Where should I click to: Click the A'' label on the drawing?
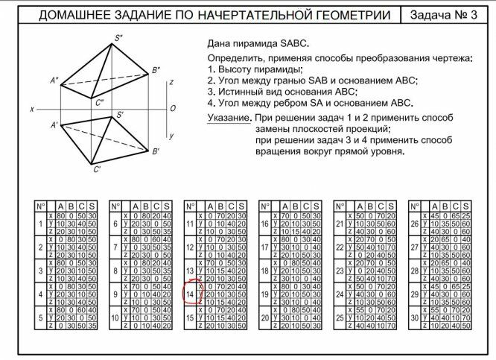tap(54, 80)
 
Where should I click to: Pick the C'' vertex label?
tap(100, 101)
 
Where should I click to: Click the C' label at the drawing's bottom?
tap(97, 169)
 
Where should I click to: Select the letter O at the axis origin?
tap(173, 109)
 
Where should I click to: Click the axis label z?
tap(171, 81)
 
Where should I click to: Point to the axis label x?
tap(33, 109)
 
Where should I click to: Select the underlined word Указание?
tap(229, 119)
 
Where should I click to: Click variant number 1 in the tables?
tap(40, 223)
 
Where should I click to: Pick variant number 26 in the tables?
tap(415, 223)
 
